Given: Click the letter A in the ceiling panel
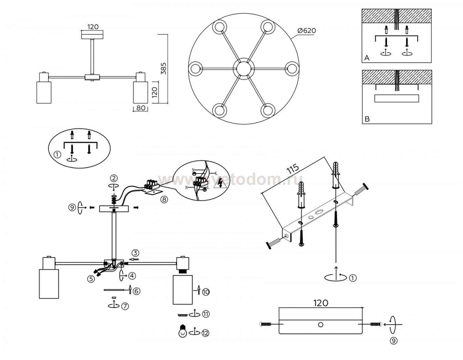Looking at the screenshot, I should pyautogui.click(x=367, y=58).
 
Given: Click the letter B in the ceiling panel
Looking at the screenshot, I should pyautogui.click(x=367, y=119).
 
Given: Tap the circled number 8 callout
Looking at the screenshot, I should pyautogui.click(x=164, y=199).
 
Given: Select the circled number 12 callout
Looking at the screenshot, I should pyautogui.click(x=205, y=333).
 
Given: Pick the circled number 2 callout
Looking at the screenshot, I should pyautogui.click(x=114, y=178).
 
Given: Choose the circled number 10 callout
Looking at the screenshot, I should pyautogui.click(x=206, y=292).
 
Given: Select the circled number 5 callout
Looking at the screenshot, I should pyautogui.click(x=91, y=279).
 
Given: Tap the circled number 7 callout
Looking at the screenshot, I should pyautogui.click(x=125, y=306).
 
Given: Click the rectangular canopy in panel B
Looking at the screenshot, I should pyautogui.click(x=396, y=98).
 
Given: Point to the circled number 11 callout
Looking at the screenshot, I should pyautogui.click(x=206, y=314).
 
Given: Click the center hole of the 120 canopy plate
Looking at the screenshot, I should pyautogui.click(x=321, y=325).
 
